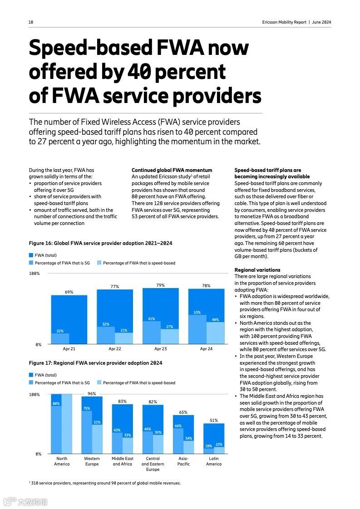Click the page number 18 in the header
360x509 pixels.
pos(31,22)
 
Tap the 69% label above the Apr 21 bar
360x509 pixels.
pos(69,292)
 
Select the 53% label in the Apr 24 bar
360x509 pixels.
pos(197,313)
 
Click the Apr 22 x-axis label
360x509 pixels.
pos(115,349)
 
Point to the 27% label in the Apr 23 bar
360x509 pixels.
pos(170,327)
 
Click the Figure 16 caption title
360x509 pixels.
pos(100,243)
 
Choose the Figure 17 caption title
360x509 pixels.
pos(95,363)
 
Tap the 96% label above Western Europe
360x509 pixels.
pos(92,394)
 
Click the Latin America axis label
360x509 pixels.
pos(214,461)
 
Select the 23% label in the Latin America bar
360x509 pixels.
pos(219,445)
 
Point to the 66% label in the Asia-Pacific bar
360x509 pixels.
pos(178,426)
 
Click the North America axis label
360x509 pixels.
pos(62,461)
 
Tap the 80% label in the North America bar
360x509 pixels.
pos(56,404)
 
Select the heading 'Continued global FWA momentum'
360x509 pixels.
pos(172,170)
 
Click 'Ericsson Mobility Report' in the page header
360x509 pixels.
pos(284,22)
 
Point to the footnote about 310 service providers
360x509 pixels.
pos(105,483)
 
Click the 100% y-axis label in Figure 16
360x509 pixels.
pos(35,274)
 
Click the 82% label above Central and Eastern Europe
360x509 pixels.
pos(153,402)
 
